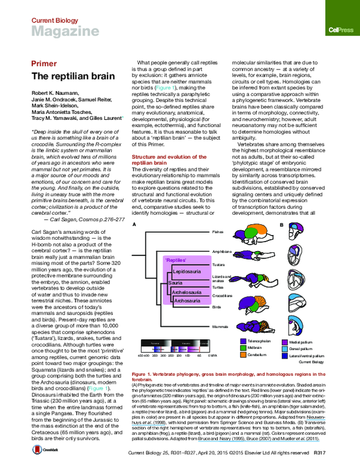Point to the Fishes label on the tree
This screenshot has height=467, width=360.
pos(218,230)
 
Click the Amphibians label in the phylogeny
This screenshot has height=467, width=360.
pos(221,252)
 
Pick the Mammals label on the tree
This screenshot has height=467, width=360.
pos(220,327)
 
